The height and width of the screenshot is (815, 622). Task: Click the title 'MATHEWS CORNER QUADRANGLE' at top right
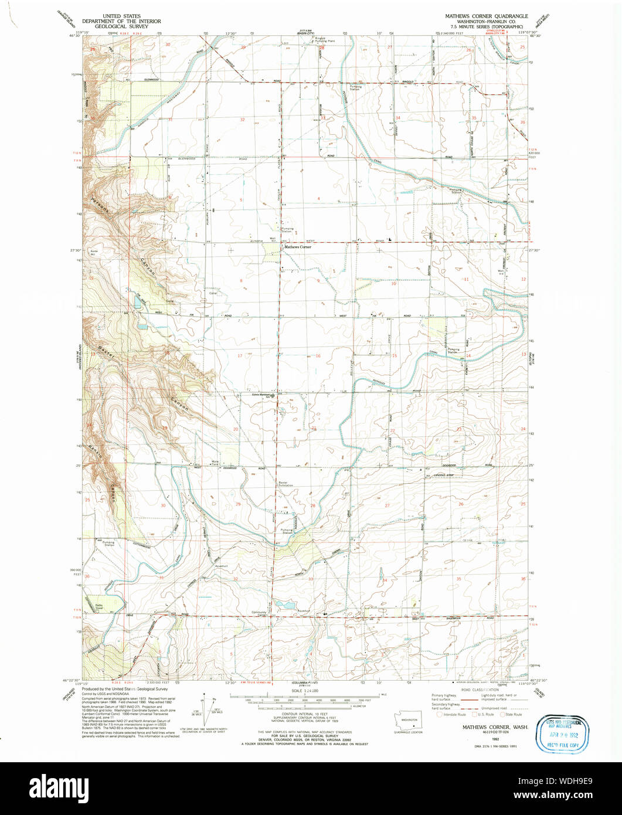[486, 16]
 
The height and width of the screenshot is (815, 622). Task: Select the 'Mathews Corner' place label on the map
[298, 247]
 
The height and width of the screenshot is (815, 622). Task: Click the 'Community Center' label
[259, 614]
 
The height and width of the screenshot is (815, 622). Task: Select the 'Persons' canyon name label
[98, 208]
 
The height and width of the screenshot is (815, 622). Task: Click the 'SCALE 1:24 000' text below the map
[305, 691]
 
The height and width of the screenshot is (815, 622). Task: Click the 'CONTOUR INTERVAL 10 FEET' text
[305, 716]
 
